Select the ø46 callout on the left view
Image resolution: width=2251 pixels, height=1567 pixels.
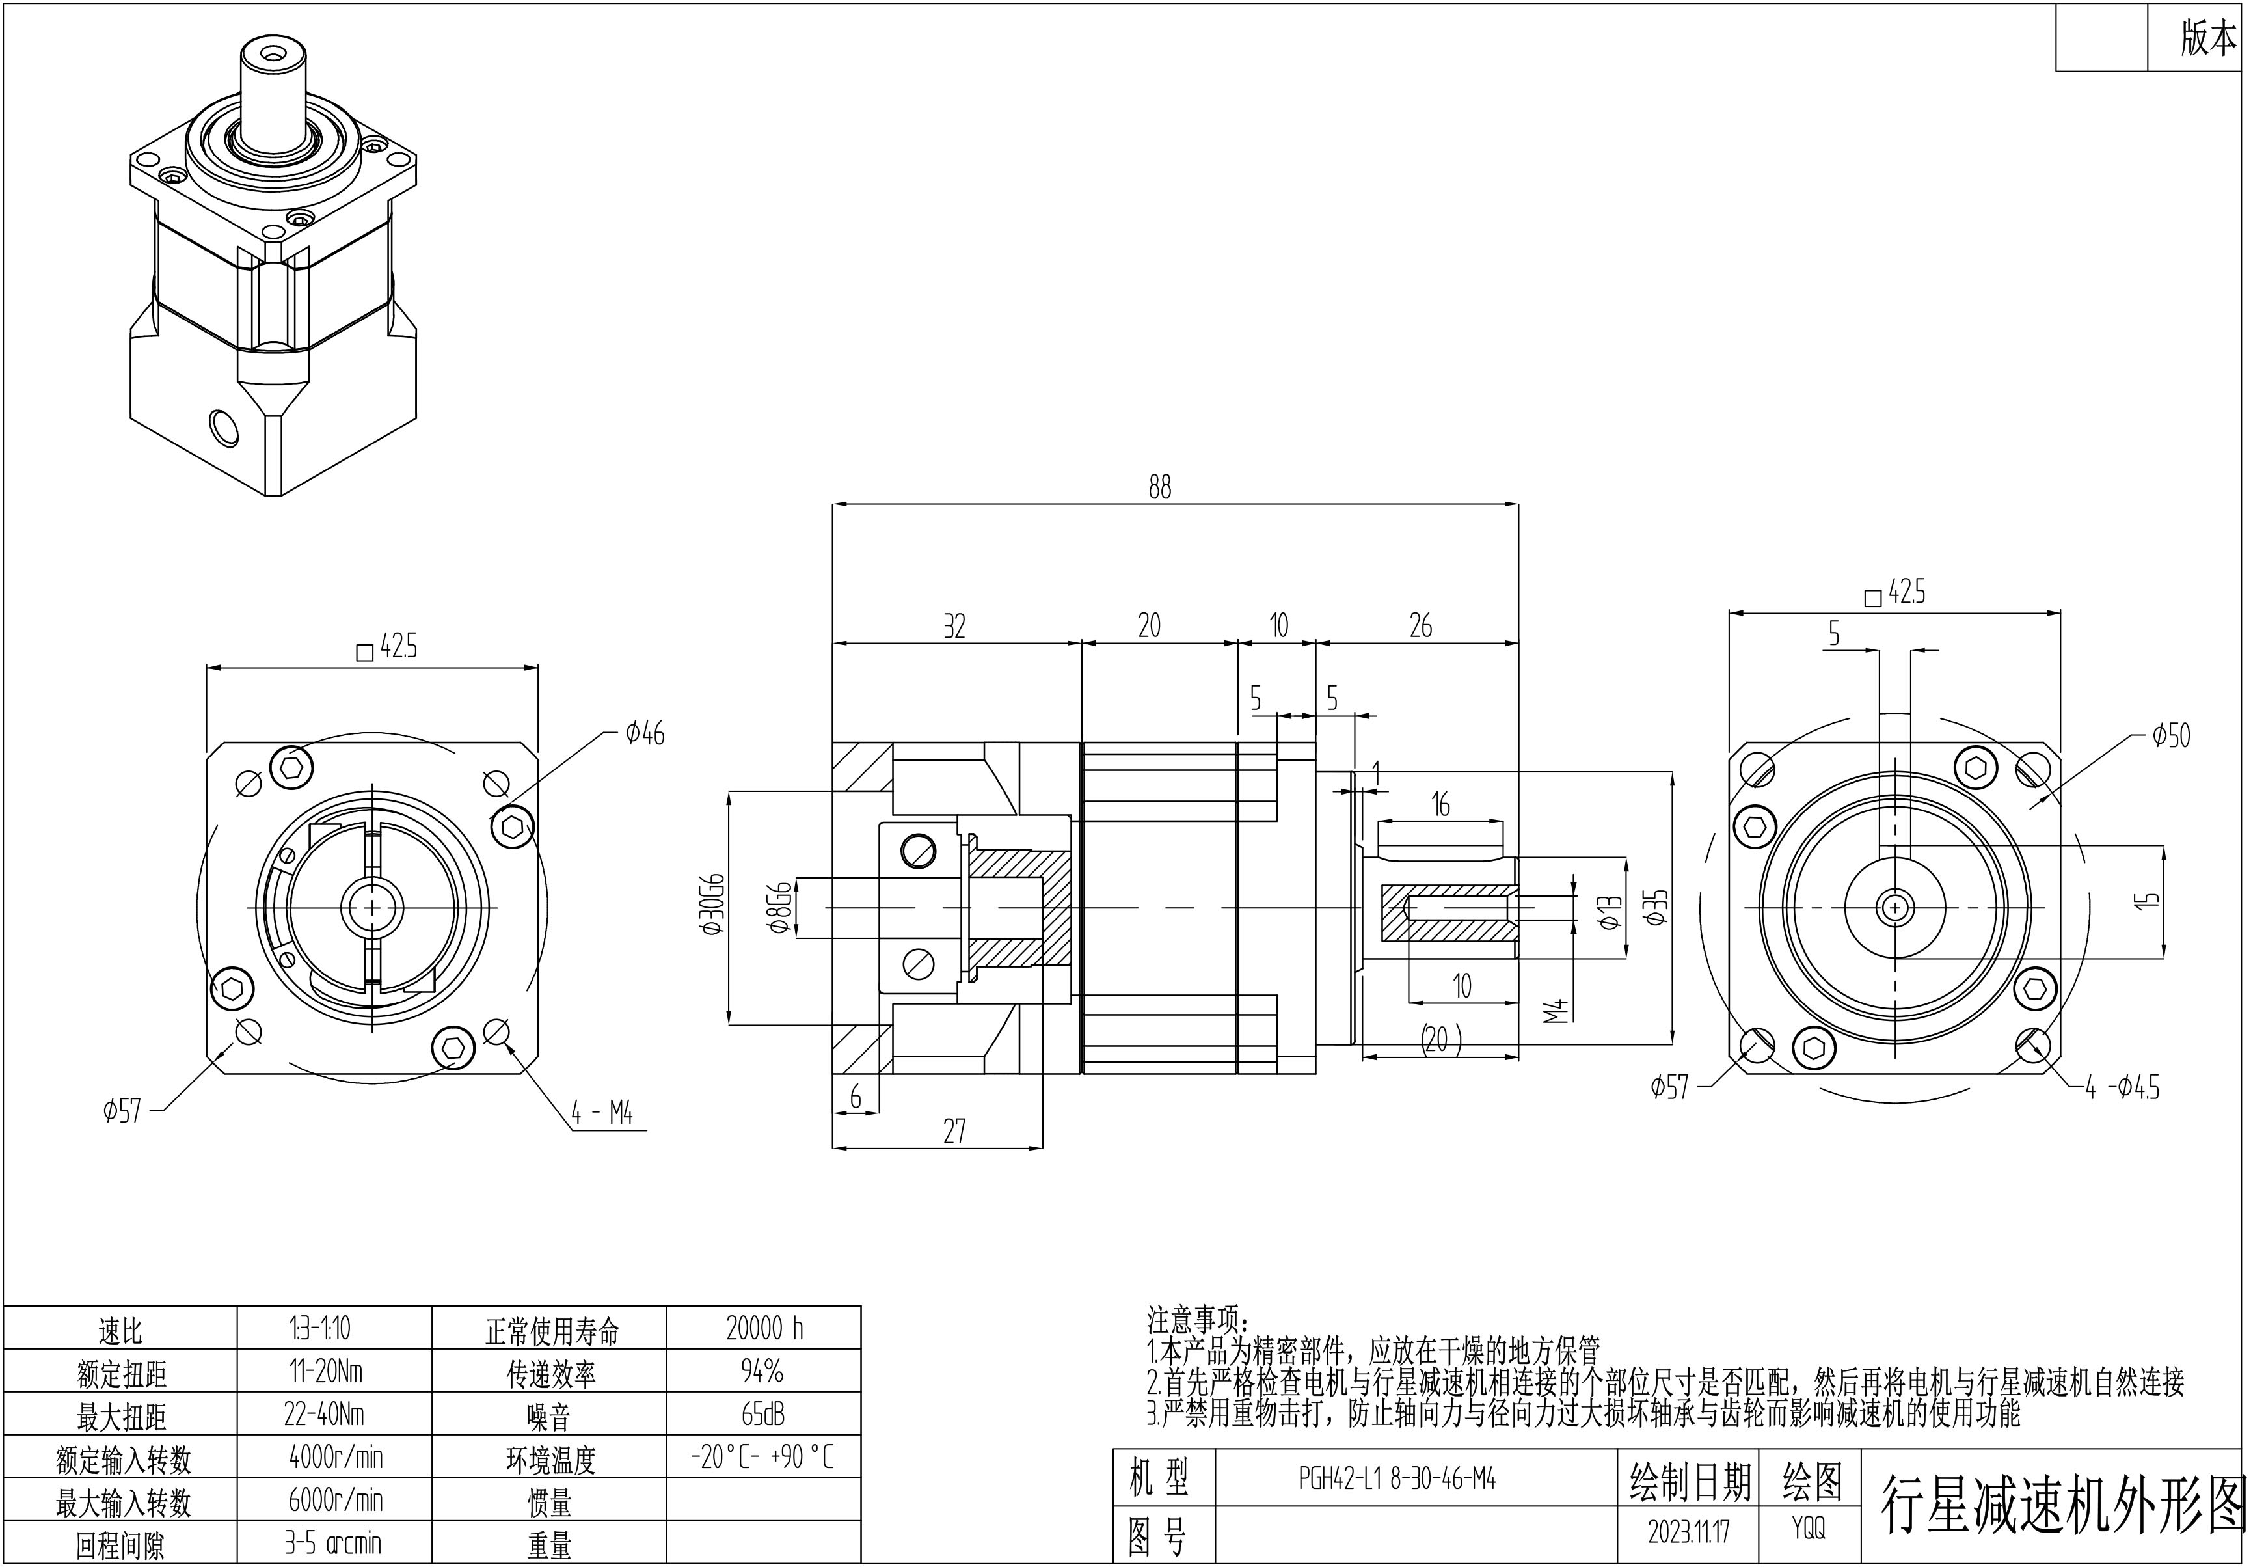click(644, 733)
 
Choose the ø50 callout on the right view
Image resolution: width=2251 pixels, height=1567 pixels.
click(2170, 735)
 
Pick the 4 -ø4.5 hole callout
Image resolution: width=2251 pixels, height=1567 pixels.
click(2122, 1087)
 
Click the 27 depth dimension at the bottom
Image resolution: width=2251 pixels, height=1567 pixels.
click(954, 1132)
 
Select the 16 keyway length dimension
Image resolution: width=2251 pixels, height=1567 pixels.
click(1440, 804)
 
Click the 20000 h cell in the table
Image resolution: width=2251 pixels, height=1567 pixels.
click(764, 1329)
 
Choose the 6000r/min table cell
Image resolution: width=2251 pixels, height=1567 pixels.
click(335, 1499)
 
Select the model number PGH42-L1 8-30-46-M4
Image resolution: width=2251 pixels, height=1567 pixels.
click(1397, 1478)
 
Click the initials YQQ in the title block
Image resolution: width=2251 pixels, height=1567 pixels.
click(1809, 1528)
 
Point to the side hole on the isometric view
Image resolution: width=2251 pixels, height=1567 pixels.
click(224, 428)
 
